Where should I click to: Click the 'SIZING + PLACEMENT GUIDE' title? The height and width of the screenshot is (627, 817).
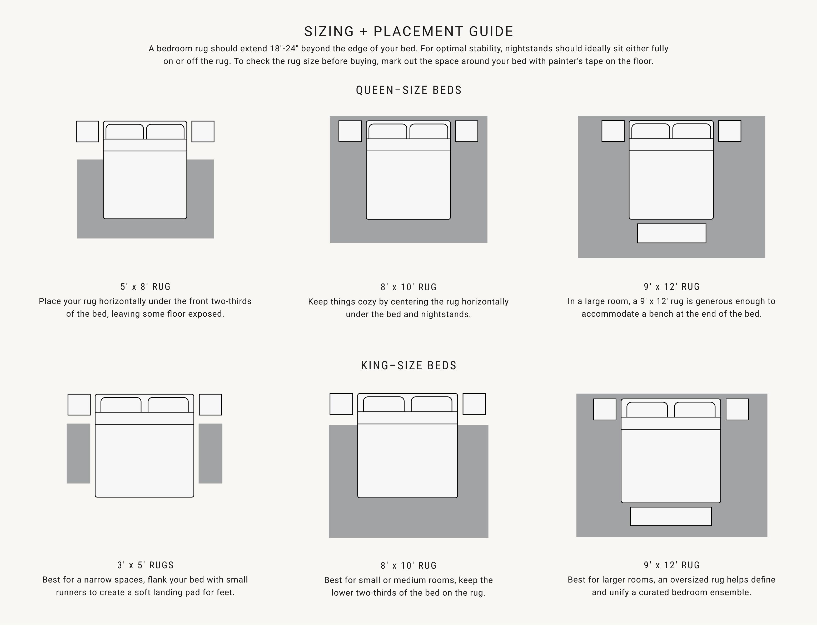409,31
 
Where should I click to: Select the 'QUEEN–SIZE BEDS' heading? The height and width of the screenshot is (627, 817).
409,90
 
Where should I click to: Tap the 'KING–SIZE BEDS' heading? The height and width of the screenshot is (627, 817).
409,365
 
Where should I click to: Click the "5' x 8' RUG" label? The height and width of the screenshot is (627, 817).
145,287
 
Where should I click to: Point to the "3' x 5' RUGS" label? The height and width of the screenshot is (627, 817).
146,565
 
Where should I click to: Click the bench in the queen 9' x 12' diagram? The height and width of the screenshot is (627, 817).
671,233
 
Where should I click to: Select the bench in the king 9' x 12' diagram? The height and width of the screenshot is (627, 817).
671,516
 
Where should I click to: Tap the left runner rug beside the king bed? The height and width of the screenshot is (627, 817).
78,454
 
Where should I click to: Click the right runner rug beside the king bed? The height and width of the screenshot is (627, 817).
211,454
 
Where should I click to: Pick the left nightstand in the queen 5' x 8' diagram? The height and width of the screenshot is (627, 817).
87,131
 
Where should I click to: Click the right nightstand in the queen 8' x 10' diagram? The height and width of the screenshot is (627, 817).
466,131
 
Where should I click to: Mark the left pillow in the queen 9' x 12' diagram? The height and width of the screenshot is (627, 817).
651,131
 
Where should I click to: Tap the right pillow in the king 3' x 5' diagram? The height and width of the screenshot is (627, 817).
168,405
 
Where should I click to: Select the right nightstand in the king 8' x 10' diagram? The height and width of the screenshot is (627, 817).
474,404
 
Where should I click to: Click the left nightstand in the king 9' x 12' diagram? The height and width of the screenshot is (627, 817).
605,409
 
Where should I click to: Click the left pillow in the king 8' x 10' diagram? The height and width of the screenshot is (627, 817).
384,404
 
